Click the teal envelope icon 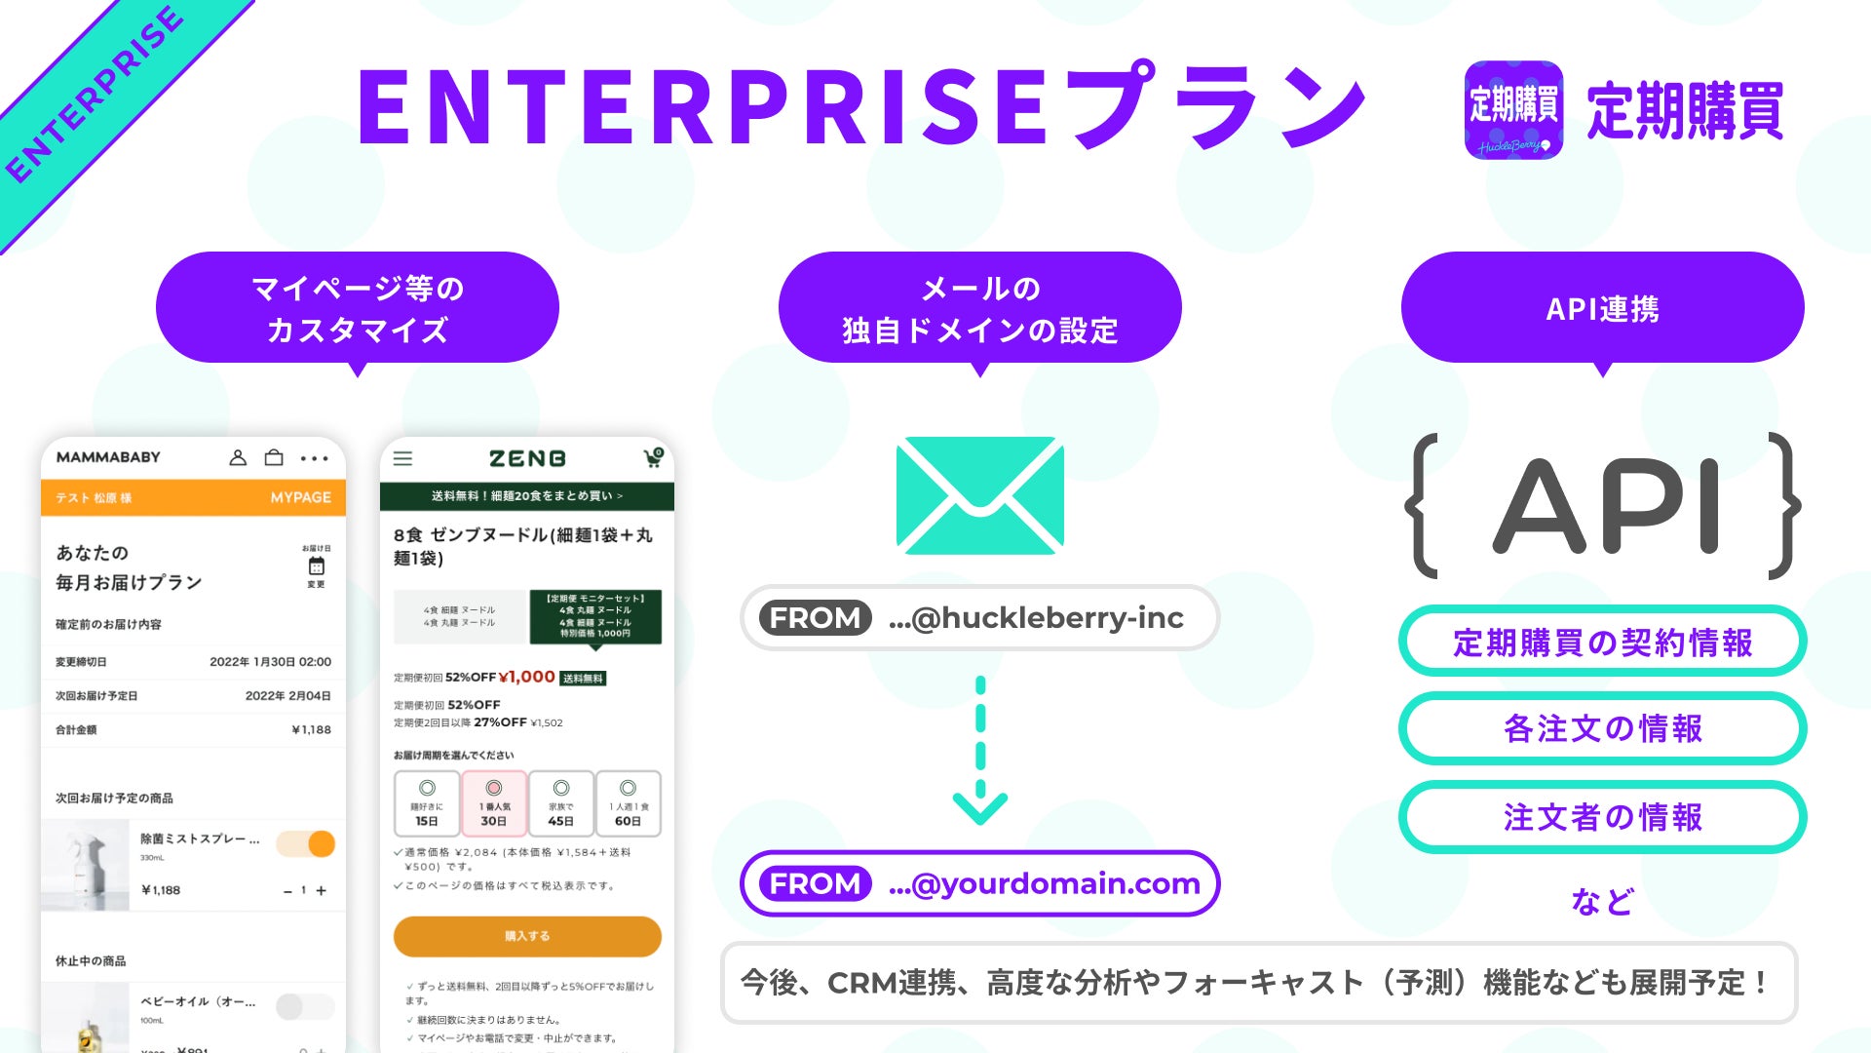click(979, 495)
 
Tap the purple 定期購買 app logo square click(1513, 110)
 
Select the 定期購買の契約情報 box click(1602, 642)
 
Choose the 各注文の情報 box click(1602, 728)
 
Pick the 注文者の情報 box click(1602, 817)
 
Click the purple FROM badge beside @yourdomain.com click(815, 883)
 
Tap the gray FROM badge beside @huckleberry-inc click(815, 617)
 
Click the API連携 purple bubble click(1602, 308)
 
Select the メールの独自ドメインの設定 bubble click(979, 308)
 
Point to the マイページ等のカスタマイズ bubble click(357, 308)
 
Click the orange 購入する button click(527, 936)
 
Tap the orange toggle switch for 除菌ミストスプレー click(306, 844)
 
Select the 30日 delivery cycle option click(494, 804)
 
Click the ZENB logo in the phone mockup click(527, 458)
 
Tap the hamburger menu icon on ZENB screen click(402, 458)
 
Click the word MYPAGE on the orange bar click(300, 497)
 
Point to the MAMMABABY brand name click(108, 457)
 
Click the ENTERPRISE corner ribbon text click(95, 96)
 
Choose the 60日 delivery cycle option click(628, 804)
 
